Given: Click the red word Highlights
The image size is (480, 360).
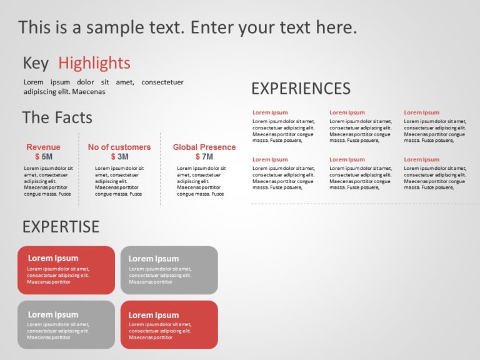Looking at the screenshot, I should coord(94,63).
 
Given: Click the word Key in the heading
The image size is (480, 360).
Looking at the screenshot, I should coord(36,63).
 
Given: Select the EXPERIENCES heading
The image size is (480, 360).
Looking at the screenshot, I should coord(301,88).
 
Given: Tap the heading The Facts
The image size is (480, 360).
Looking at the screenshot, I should coord(57,117).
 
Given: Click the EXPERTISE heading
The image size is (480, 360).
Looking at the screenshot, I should coord(61,226).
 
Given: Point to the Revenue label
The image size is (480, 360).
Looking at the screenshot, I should coord(43,147).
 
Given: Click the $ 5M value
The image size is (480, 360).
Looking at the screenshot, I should coord(43,157).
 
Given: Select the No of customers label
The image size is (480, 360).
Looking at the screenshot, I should coord(119,147).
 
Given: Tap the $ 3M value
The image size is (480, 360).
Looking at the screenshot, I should coord(119,157).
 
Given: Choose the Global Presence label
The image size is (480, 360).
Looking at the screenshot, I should coord(204,147).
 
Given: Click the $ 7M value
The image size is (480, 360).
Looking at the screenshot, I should coord(204,157).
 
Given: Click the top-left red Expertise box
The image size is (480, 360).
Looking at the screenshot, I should coord(66,270).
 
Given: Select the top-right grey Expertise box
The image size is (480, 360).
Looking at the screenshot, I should coord(169,270).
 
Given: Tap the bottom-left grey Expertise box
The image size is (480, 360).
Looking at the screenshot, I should coord(66,324).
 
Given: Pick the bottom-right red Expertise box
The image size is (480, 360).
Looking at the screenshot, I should coord(169,324).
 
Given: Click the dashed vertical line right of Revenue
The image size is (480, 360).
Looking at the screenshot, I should coord(79,169).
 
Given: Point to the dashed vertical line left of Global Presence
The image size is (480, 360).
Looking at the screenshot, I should coord(160,169).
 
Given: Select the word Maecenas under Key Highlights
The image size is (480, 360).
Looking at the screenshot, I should coord(89,92).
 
